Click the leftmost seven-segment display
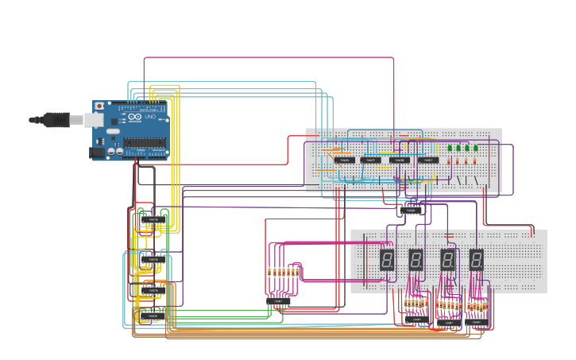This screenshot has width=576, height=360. pyautogui.click(x=387, y=260)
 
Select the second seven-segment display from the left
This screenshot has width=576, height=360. pyautogui.click(x=416, y=260)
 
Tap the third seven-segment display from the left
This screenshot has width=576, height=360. pyautogui.click(x=447, y=260)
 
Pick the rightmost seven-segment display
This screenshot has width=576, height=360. pyautogui.click(x=476, y=260)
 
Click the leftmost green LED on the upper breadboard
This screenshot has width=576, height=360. pyautogui.click(x=449, y=147)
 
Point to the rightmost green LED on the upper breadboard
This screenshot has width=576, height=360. pyautogui.click(x=476, y=147)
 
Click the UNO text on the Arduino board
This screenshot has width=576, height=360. pyautogui.click(x=150, y=117)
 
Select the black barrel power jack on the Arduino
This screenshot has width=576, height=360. pyautogui.click(x=96, y=151)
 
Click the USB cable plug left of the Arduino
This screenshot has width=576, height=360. pyautogui.click(x=56, y=119)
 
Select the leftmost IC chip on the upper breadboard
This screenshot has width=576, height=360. pyautogui.click(x=344, y=161)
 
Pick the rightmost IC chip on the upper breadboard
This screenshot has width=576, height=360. pyautogui.click(x=428, y=161)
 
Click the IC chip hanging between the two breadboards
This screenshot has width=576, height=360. pyautogui.click(x=412, y=211)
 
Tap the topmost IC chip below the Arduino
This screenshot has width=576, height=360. pyautogui.click(x=153, y=219)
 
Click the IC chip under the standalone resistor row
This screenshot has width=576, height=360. pyautogui.click(x=278, y=301)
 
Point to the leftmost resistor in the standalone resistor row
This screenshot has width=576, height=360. pyautogui.click(x=270, y=272)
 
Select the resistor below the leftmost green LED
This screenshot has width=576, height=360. pyautogui.click(x=449, y=161)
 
